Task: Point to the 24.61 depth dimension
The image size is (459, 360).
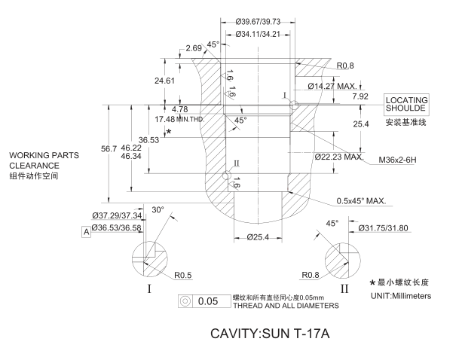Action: [164, 80]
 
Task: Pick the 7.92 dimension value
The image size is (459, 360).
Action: [360, 96]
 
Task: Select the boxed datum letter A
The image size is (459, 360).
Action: [86, 232]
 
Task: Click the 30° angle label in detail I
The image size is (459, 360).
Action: [157, 209]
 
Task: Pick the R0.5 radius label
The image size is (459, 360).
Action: [184, 274]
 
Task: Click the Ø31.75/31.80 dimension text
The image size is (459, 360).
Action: [385, 227]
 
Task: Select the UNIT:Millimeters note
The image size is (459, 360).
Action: [400, 296]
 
